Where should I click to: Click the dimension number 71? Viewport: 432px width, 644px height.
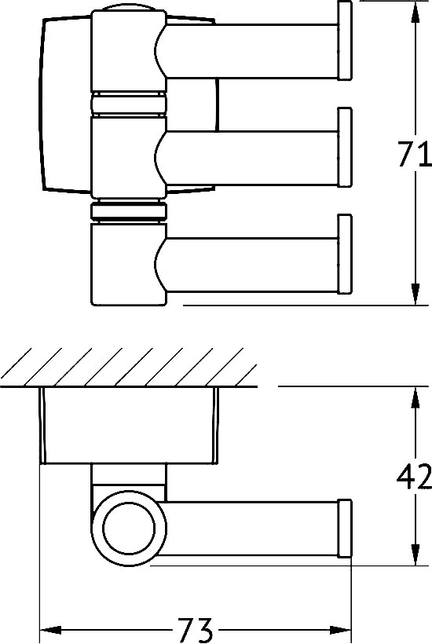tap(414, 156)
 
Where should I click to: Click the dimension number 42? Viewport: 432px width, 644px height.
tap(414, 477)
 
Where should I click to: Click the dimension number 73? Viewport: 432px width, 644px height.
tap(195, 630)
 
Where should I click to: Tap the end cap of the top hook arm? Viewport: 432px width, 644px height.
tap(344, 41)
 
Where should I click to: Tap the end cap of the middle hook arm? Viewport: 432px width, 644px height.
tap(344, 147)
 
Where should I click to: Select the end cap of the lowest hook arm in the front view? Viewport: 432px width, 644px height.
tap(344, 254)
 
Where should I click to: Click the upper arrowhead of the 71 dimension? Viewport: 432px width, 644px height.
tap(414, 12)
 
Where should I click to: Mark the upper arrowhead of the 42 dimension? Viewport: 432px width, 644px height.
tap(414, 397)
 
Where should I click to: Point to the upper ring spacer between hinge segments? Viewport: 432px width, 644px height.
tap(129, 105)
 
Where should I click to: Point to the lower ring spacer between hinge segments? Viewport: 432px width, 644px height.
tap(129, 212)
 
